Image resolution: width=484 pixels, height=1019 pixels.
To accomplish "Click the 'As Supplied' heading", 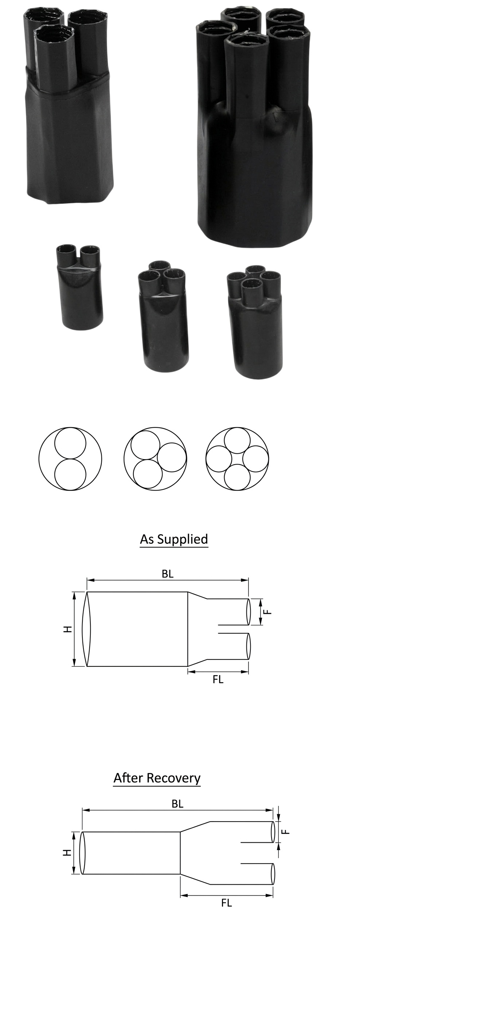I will [x=174, y=539].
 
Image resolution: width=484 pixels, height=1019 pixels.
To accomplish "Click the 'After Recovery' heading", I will [x=157, y=778].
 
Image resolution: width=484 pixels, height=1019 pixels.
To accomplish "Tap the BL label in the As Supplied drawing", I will [x=168, y=574].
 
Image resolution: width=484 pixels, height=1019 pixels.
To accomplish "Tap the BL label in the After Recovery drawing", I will [x=177, y=804].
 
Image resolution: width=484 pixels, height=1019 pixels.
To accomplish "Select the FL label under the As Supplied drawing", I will [x=218, y=679].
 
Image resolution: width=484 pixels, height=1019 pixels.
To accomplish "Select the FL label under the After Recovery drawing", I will [x=226, y=903].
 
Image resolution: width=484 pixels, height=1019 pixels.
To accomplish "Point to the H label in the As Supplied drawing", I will [x=68, y=629].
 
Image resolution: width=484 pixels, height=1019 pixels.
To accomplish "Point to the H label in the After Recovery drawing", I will [x=67, y=853].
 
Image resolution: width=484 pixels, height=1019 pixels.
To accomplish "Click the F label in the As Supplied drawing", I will [x=268, y=612].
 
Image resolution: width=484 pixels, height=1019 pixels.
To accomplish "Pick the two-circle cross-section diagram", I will [x=70, y=459].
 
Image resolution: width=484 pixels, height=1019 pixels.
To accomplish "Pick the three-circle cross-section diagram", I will [x=155, y=459].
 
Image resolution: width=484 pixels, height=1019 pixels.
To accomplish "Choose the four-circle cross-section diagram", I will [x=237, y=459].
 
